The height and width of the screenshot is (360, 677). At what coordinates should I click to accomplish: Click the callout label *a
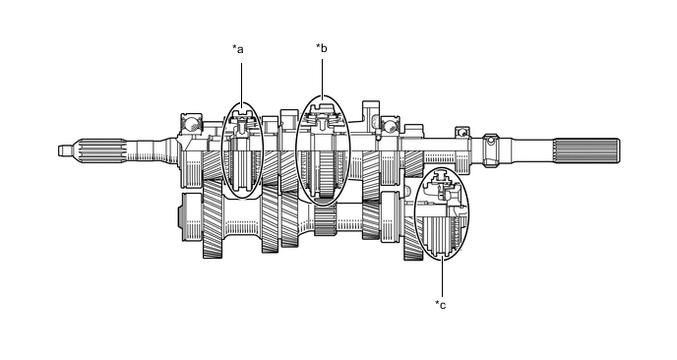click(238, 49)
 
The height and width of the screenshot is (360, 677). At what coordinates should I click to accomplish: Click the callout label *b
click(321, 48)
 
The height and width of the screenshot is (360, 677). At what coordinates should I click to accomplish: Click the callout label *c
click(441, 304)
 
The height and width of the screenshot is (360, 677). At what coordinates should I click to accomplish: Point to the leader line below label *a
click(241, 83)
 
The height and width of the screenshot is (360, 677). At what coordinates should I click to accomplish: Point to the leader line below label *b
click(322, 78)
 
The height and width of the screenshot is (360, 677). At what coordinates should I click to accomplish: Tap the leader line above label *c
click(442, 278)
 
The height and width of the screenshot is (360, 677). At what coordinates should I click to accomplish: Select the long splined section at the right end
click(587, 150)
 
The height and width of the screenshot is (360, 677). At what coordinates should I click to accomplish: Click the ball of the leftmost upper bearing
click(191, 124)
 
